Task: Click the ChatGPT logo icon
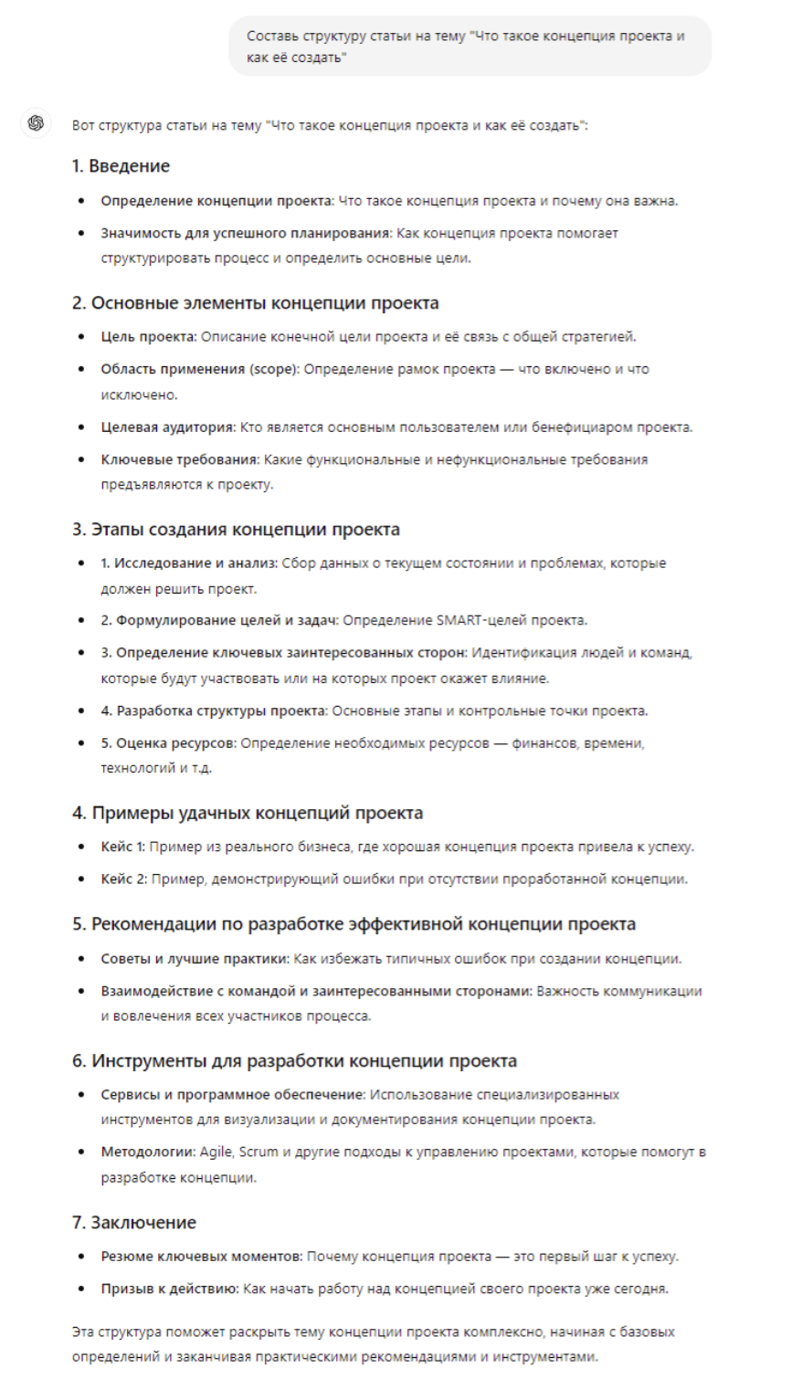(36, 123)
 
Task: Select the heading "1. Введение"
(121, 166)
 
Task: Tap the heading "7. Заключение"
(134, 1222)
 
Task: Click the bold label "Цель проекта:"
(148, 337)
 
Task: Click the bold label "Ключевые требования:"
(180, 459)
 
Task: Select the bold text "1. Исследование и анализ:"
(189, 563)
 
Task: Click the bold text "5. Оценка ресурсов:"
(168, 743)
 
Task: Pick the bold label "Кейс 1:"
(122, 847)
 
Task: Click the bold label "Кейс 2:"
(123, 879)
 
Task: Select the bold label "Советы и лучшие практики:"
(195, 959)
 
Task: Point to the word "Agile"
(216, 1152)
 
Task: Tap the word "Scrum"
(258, 1152)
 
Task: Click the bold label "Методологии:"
(148, 1152)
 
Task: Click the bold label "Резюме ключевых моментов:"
(201, 1257)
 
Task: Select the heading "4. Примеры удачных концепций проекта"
(248, 813)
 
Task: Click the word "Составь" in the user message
(273, 36)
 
